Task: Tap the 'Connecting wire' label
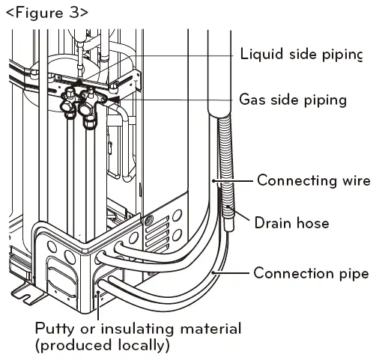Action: (314, 180)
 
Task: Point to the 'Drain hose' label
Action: (293, 222)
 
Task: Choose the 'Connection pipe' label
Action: (311, 273)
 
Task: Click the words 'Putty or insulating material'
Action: (139, 329)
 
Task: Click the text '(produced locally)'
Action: (103, 346)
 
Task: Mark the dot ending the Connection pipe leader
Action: (213, 272)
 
